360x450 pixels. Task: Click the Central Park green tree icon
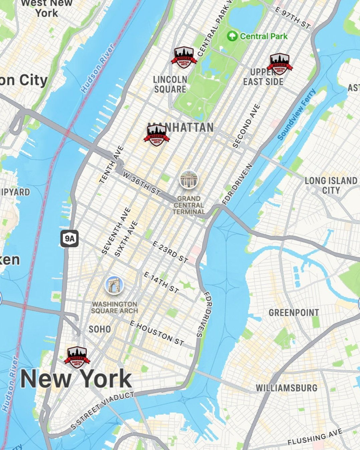(232, 36)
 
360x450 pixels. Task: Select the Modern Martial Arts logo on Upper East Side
(280, 64)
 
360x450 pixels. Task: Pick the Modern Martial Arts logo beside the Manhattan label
(156, 135)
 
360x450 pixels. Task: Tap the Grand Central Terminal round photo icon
(189, 180)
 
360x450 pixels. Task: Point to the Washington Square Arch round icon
(114, 285)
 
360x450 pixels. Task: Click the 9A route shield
(70, 239)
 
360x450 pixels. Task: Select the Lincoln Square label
(170, 84)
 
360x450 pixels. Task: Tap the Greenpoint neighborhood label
(294, 313)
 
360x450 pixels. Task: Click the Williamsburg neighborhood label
(286, 388)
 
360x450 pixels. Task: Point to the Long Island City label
(331, 185)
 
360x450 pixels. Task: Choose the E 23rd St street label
(170, 252)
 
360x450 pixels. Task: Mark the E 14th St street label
(161, 282)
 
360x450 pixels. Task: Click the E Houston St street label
(156, 333)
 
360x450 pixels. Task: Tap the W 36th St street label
(141, 183)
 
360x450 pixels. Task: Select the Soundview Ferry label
(296, 114)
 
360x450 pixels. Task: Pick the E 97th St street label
(293, 17)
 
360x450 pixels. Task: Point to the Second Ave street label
(246, 126)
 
